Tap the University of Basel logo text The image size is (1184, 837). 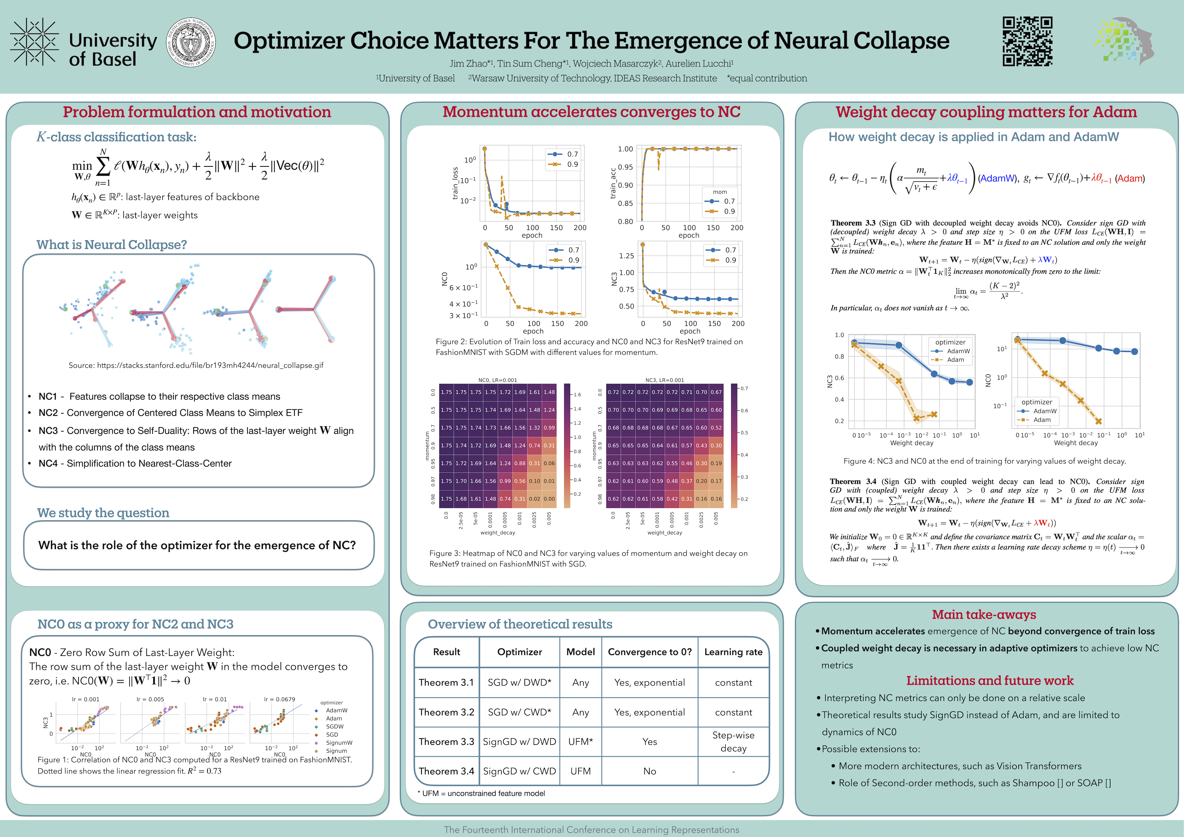coord(112,49)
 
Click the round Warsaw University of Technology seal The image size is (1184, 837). coord(191,42)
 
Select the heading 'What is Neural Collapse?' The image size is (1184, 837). coord(111,244)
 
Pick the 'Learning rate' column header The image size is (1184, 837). coord(733,652)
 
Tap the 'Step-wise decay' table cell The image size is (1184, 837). coord(733,742)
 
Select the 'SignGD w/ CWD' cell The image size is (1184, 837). coord(519,771)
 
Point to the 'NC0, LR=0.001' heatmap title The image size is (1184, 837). coord(498,380)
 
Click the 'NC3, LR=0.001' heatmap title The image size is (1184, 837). coord(665,380)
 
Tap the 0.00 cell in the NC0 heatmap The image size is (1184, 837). coord(549,499)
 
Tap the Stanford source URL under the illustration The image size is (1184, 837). coord(196,365)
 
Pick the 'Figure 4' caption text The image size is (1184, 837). coord(984,461)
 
